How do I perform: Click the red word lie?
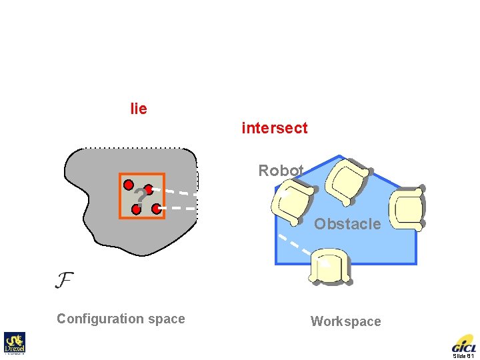tap(139, 109)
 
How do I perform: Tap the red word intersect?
tap(274, 128)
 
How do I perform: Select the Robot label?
tap(281, 171)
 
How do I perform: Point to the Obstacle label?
tap(347, 224)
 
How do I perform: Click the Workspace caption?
tap(345, 321)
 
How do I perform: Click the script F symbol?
tap(64, 279)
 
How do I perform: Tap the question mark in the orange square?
tap(139, 196)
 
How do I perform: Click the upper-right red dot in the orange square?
tap(149, 189)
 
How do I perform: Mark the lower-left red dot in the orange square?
tap(136, 209)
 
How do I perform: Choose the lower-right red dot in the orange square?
tap(156, 209)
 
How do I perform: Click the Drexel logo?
tap(14, 343)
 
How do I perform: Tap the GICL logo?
tap(463, 344)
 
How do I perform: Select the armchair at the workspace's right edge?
tap(406, 208)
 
